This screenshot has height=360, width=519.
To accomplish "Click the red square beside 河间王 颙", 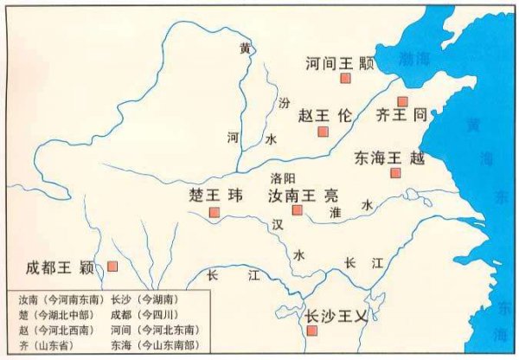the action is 345,79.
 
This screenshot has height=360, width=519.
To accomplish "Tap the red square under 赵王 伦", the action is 323,132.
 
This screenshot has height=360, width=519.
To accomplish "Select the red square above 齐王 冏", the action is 402,101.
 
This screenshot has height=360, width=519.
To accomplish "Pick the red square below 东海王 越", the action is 395,173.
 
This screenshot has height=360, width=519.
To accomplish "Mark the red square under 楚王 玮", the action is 214,210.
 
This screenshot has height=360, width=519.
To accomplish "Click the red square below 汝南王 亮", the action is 297,210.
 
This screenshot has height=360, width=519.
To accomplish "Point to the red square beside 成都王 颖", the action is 112,266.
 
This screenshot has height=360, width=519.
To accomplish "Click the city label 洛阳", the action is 283,177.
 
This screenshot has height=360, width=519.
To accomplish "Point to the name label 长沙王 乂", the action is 336,317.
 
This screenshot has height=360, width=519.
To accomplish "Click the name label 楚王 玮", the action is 212,194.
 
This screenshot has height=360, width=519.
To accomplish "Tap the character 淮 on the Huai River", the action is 336,211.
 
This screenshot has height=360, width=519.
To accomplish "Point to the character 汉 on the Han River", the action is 277,224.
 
